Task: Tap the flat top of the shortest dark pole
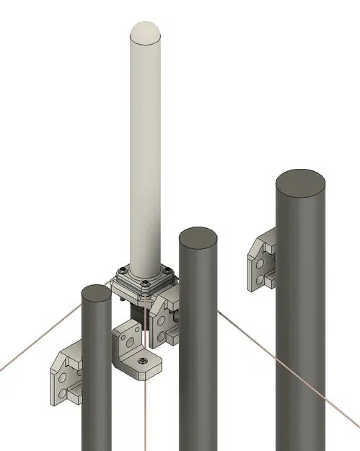(96, 294)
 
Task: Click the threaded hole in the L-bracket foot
(143, 359)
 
